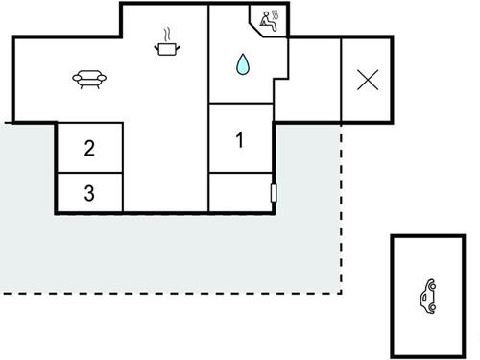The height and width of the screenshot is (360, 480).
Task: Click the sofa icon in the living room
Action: tap(87, 80)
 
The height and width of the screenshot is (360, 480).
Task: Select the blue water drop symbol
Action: tap(243, 64)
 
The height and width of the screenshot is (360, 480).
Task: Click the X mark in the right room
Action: tap(367, 80)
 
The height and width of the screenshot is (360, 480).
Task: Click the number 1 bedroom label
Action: tap(240, 140)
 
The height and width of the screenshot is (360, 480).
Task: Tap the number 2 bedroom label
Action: tap(89, 148)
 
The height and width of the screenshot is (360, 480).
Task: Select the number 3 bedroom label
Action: tap(89, 193)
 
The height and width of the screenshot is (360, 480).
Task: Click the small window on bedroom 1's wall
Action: tap(276, 194)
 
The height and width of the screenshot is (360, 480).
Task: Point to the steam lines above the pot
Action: tap(169, 33)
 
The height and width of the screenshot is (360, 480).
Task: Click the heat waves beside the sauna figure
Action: tap(276, 16)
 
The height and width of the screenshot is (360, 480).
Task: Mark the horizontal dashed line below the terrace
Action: tap(173, 291)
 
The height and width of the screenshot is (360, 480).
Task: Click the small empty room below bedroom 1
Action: tap(240, 192)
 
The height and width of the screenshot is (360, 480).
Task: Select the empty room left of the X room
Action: tap(314, 80)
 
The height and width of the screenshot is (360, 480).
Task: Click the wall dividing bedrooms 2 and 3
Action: tap(89, 173)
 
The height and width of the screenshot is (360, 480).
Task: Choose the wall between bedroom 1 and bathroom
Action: tap(240, 104)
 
